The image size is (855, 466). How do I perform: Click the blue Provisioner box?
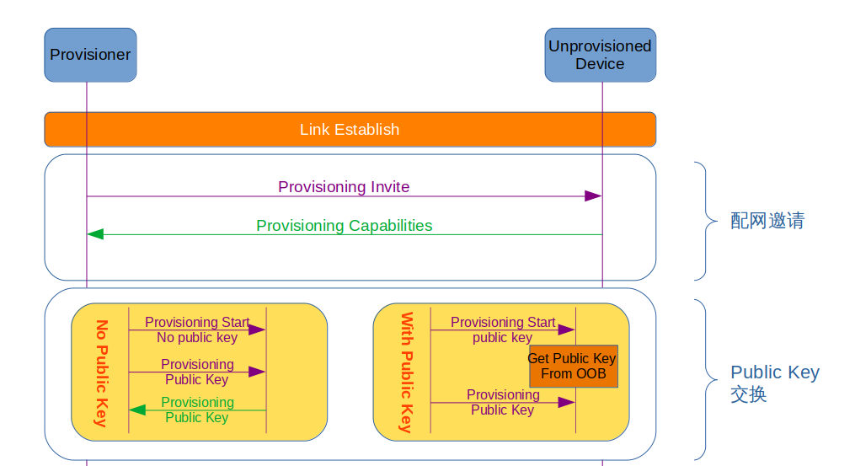coord(90,55)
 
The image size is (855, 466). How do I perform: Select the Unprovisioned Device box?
coord(600,55)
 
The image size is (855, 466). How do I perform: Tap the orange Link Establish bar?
coord(350,130)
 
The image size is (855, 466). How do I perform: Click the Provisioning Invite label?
coord(344,186)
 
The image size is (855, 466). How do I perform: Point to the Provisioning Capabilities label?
coord(344,226)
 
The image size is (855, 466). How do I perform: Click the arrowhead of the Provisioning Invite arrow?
coord(593,196)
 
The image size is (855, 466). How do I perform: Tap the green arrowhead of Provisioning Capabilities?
coord(95,234)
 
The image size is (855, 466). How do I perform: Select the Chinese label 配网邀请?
coord(767,221)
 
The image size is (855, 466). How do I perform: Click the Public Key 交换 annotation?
coord(774,383)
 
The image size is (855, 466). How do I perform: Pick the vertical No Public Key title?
coord(102,373)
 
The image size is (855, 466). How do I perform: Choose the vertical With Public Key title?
coord(405,372)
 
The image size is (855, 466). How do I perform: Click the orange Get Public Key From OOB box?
coord(573,366)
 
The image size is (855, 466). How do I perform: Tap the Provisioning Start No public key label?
coord(197,329)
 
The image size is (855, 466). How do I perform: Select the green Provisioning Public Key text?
coord(197,410)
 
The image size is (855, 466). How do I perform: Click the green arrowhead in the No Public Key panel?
coord(136,410)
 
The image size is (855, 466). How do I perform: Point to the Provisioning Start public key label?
coord(503,329)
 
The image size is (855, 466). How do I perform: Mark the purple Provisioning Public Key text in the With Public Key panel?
coord(503,402)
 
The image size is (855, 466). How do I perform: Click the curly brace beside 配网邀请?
coord(703,221)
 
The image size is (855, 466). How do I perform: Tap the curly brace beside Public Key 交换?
coord(703,379)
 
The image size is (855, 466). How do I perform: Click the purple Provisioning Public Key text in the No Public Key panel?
coord(197,372)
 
